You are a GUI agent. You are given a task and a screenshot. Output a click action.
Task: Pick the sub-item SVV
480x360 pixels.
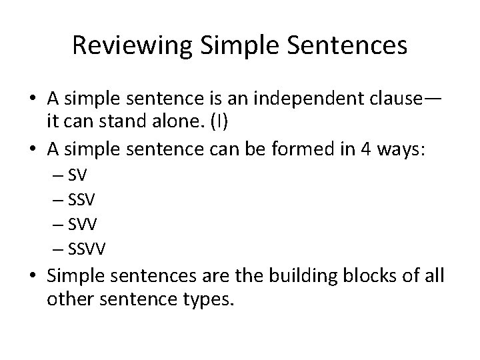[x=82, y=225]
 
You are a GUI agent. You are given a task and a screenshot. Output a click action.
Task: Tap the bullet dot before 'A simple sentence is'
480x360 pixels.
[x=33, y=100]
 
